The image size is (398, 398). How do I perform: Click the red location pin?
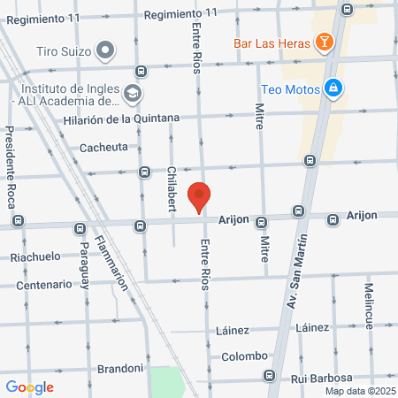tap(200, 195)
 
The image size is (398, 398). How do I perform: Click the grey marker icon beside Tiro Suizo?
tap(106, 50)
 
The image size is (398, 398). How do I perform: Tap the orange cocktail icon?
tap(325, 41)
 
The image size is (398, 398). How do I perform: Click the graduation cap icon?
tap(132, 92)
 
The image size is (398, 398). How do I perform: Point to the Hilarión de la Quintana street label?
tap(122, 119)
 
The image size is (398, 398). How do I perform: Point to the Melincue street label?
tap(369, 304)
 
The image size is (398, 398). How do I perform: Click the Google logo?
tap(30, 387)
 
